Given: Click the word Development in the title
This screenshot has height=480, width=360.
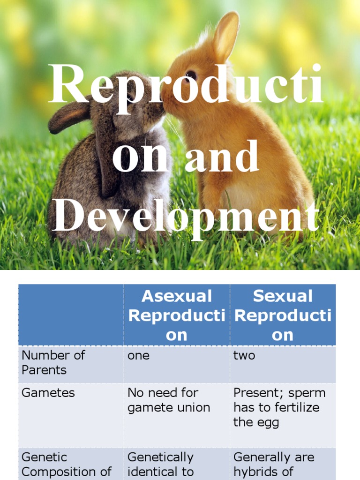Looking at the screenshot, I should [x=186, y=216].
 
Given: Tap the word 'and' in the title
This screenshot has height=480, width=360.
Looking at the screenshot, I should [x=222, y=157].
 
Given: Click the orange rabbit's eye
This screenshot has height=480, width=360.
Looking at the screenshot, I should [x=191, y=75].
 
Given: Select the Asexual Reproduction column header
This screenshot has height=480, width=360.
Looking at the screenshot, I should [x=177, y=315].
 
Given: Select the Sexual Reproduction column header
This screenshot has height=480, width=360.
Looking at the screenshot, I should [x=283, y=315].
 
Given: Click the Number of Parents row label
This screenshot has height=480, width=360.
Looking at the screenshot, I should [x=53, y=362].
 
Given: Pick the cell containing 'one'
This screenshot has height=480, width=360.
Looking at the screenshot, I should [x=138, y=355].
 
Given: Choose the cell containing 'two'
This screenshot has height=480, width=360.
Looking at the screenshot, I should [x=244, y=355].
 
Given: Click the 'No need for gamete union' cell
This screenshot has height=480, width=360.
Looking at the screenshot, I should [x=168, y=400].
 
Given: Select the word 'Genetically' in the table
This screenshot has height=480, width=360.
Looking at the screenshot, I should [x=160, y=457].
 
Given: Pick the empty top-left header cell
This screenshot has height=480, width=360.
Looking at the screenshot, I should [x=71, y=315].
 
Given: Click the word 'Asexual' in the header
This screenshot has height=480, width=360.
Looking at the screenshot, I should [x=177, y=296].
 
